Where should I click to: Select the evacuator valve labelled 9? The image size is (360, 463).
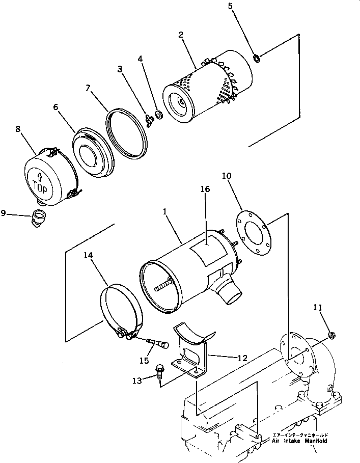pos(39,217)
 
